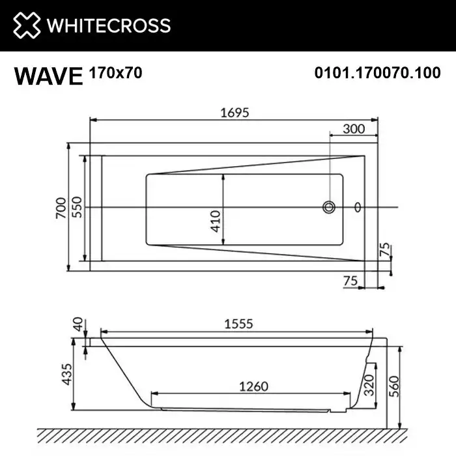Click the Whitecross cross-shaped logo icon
(x=25, y=25)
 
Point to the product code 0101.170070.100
(x=377, y=73)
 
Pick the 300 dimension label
(x=353, y=128)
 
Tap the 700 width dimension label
(x=60, y=207)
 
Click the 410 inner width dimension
(x=216, y=221)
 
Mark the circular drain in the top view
(x=330, y=208)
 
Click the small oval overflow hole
(x=357, y=208)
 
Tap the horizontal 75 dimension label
(x=350, y=280)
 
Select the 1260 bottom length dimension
(x=250, y=386)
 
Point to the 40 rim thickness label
(x=78, y=324)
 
